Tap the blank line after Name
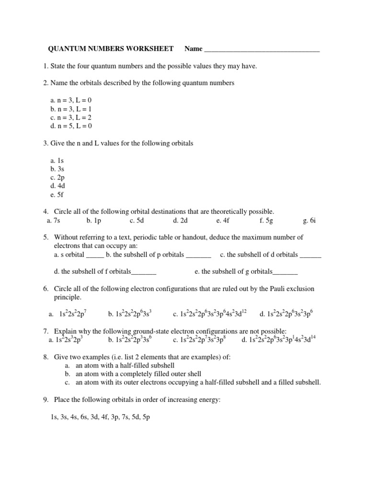(262, 50)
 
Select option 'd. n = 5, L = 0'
(70, 126)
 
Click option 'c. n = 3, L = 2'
(70, 118)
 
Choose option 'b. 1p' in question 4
(94, 220)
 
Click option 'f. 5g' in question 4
(266, 220)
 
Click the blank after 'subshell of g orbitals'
(285, 272)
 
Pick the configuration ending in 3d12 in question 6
(210, 314)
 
